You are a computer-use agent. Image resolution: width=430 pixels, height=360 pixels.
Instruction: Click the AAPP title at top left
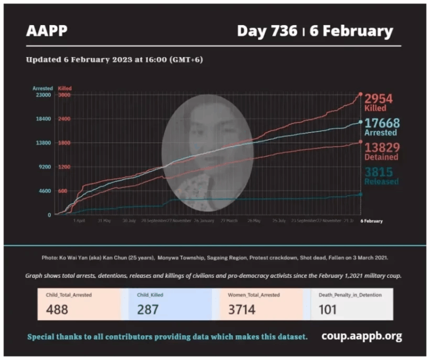pyautogui.click(x=46, y=30)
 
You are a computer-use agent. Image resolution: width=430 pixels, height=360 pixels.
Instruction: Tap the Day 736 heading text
pyautogui.click(x=267, y=31)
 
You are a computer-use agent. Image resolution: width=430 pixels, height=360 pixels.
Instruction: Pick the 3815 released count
pyautogui.click(x=378, y=172)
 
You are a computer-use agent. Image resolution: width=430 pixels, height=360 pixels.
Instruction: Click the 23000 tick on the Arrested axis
pyautogui.click(x=43, y=95)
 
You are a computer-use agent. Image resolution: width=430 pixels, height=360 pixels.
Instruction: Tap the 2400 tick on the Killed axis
pyautogui.click(x=64, y=119)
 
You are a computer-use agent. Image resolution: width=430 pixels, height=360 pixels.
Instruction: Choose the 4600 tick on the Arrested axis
pyautogui.click(x=44, y=191)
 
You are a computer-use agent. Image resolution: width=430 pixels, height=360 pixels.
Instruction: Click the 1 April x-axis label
pyautogui.click(x=79, y=221)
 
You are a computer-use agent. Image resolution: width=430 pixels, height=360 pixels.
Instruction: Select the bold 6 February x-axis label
pyautogui.click(x=371, y=221)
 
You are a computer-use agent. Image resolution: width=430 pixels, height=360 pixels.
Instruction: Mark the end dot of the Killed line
pyautogui.click(x=360, y=94)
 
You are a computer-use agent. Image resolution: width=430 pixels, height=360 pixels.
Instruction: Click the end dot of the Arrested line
pyautogui.click(x=360, y=122)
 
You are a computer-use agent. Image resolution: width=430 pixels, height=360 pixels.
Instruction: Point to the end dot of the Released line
pyautogui.click(x=360, y=194)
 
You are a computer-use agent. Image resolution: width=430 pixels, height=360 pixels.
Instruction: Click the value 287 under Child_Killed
pyautogui.click(x=149, y=309)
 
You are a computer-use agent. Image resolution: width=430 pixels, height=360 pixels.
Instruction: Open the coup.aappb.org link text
pyautogui.click(x=361, y=336)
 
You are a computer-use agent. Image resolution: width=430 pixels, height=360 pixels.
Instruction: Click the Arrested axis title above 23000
pyautogui.click(x=43, y=88)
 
